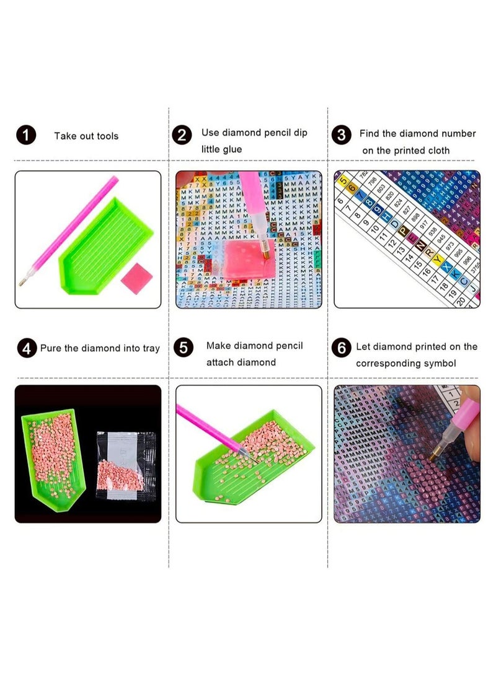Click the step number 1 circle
(x=26, y=135)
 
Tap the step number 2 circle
(x=181, y=135)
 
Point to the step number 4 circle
(x=26, y=348)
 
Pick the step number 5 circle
(x=184, y=348)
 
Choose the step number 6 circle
(x=341, y=348)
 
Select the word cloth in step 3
(x=437, y=151)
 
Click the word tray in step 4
(x=149, y=348)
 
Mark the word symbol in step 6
(x=440, y=363)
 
